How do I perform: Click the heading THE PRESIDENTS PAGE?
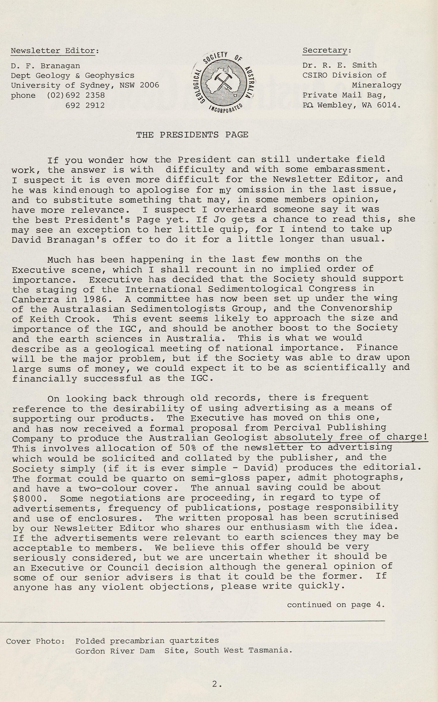pos(192,135)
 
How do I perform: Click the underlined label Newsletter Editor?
pos(53,51)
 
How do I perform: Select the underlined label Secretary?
pos(325,51)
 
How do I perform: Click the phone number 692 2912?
pos(85,105)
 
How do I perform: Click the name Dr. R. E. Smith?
pos(339,65)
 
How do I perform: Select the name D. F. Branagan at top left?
pos(46,66)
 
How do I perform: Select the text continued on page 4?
pos(336,605)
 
